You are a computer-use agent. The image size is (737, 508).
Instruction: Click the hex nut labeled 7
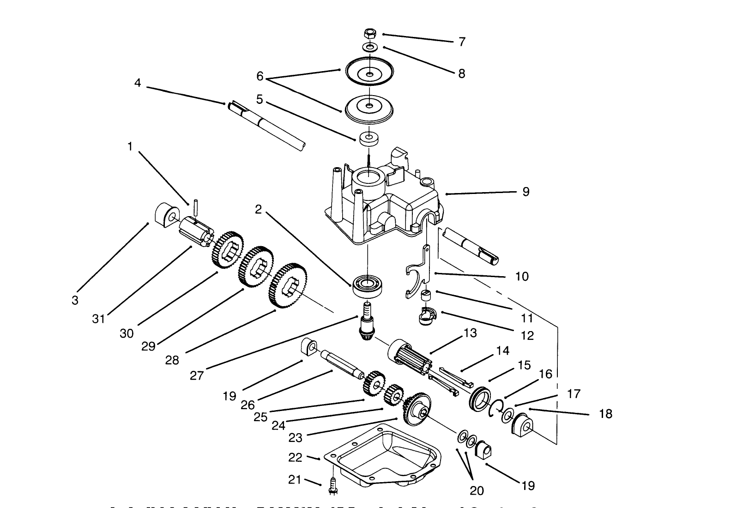(370, 33)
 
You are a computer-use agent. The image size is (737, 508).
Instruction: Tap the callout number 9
(526, 192)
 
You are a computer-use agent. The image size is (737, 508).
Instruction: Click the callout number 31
(98, 319)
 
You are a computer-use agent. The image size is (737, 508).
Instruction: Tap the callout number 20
(477, 490)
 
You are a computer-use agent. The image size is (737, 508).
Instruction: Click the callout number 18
(605, 414)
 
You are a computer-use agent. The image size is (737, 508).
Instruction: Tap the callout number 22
(295, 458)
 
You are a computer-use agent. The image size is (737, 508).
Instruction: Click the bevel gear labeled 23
(417, 409)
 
